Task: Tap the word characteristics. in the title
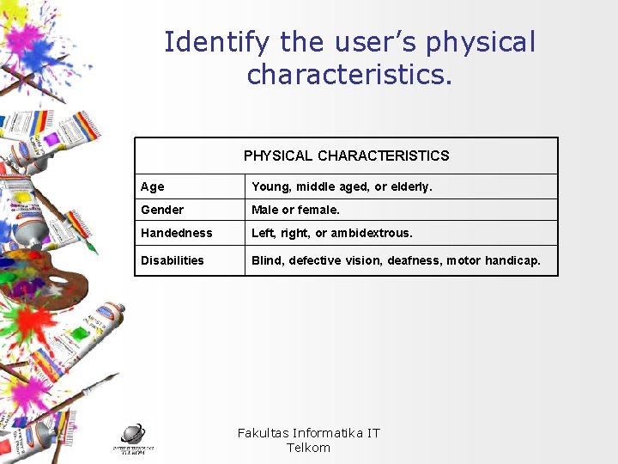348,74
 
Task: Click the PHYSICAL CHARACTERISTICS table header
346,156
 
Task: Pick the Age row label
153,186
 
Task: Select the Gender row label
162,210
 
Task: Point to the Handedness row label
176,233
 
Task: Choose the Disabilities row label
173,260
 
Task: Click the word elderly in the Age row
409,186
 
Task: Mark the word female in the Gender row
318,210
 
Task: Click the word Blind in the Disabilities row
267,260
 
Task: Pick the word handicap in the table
514,260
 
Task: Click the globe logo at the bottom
132,435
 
